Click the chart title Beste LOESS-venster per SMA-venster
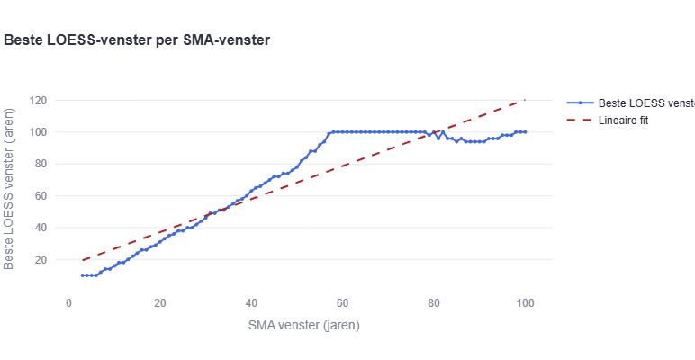pos(138,40)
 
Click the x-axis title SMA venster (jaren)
pos(304,325)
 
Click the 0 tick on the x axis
pos(68,303)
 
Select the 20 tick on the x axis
pos(159,303)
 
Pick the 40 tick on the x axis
pos(251,303)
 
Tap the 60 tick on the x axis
pos(342,303)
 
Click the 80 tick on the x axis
pos(434,303)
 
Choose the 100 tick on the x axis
pos(525,303)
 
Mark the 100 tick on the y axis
pos(40,132)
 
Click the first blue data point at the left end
pos(82,275)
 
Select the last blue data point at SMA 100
pos(525,132)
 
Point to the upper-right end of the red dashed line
pos(525,100)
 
